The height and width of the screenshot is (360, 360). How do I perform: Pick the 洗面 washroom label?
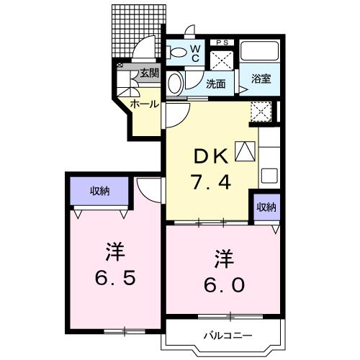(216, 84)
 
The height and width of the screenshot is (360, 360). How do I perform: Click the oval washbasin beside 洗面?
(174, 84)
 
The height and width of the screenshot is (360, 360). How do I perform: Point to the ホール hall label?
(145, 104)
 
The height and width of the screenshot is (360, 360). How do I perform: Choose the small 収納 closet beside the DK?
(265, 207)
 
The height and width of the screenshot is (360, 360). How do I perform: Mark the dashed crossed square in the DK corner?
(259, 111)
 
